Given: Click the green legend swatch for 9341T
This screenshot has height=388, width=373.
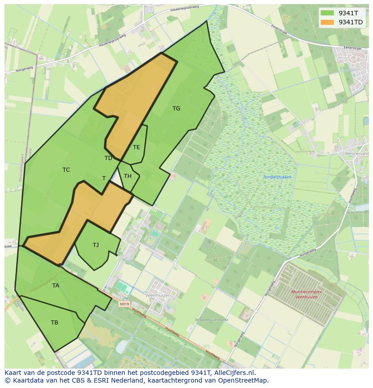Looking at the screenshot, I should point(328,13).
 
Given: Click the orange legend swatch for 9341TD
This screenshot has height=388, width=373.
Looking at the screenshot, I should point(328,22).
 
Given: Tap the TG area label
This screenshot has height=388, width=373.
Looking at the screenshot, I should point(176,109).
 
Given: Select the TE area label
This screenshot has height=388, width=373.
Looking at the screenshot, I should point(136,147).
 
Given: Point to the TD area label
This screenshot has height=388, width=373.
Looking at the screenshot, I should point(108,158).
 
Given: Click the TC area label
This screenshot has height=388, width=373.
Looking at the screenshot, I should point(66,170).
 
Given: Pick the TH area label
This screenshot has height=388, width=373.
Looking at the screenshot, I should point(127,176).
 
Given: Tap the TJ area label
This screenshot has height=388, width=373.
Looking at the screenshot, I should point(96,245).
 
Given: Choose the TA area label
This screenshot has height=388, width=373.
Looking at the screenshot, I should point(55,286).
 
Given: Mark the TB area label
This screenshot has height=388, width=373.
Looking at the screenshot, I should point(55,323).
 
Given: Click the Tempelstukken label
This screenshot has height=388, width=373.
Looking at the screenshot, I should point(277,177).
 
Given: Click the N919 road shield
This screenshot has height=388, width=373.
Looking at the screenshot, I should point(124,304).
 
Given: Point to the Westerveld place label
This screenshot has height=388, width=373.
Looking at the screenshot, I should point(356,154).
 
